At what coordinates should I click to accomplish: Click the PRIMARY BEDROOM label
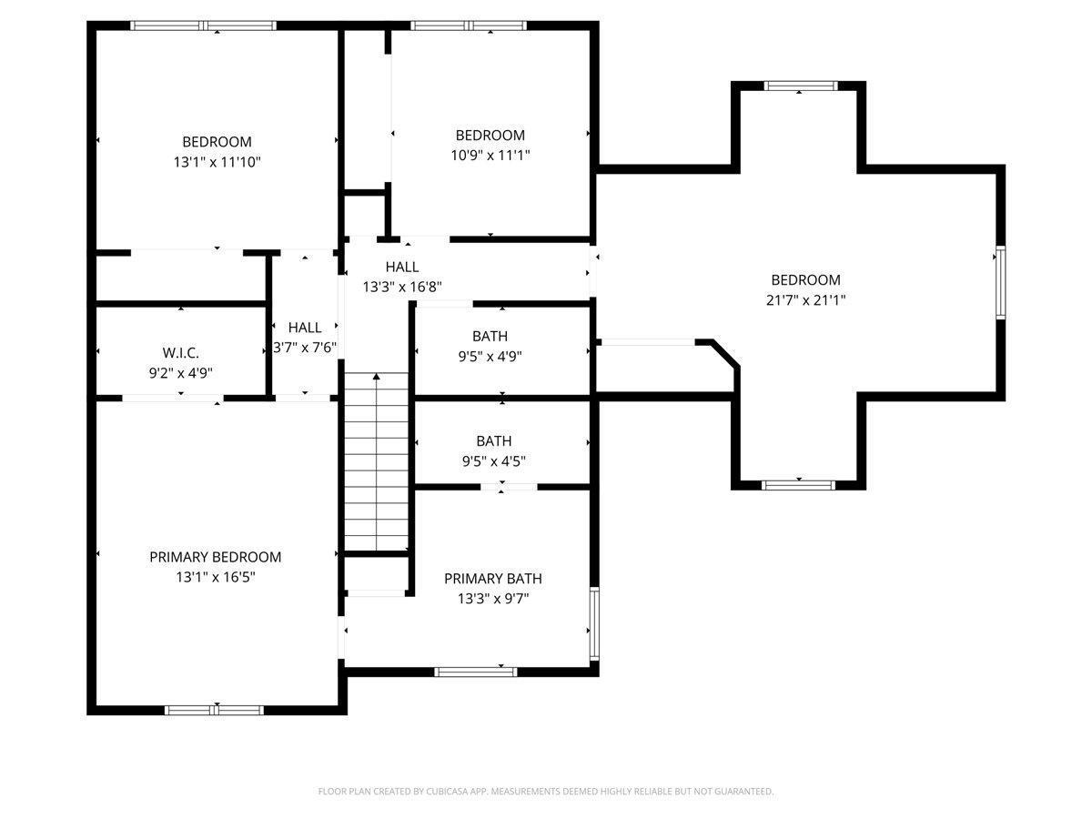coord(216,557)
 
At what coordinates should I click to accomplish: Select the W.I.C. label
coord(180,352)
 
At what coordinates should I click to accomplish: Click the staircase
coord(377,461)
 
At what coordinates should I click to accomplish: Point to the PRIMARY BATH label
coord(492,579)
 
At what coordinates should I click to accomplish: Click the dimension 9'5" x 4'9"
coord(490,357)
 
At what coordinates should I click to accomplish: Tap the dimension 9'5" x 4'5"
coord(493,461)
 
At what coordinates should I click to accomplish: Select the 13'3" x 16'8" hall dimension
coord(402,287)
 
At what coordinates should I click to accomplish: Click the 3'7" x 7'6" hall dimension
coord(306,348)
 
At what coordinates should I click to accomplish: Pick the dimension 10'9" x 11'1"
coord(490,156)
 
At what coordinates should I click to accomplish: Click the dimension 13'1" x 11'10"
coord(217,162)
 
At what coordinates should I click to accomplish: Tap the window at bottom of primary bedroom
coord(214,710)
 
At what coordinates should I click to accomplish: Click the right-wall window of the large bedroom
coord(999,282)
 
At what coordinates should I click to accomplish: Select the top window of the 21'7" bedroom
coord(799,86)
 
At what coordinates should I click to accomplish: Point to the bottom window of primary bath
coord(475,672)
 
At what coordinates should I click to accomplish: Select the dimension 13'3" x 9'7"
coord(492,599)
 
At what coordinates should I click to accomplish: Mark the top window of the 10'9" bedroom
coord(468,25)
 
